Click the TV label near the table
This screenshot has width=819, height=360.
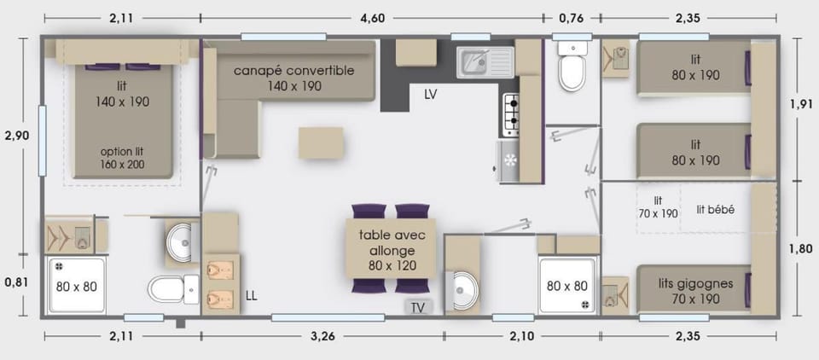click(x=418, y=308)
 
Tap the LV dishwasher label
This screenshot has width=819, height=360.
click(x=430, y=95)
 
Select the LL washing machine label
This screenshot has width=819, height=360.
click(x=251, y=296)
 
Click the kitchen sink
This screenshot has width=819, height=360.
click(x=485, y=62)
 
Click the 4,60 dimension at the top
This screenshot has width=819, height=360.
click(x=373, y=18)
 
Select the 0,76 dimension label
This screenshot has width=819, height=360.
click(x=571, y=18)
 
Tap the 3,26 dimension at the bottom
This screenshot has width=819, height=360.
click(x=323, y=336)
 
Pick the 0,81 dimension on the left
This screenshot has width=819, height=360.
click(x=16, y=282)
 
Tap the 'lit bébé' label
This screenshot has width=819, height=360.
click(x=716, y=210)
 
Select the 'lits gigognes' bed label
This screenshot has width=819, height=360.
click(x=696, y=284)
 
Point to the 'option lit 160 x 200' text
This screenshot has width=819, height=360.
click(x=122, y=158)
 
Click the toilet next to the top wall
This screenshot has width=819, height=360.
click(x=573, y=67)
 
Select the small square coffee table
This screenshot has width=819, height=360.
click(x=321, y=142)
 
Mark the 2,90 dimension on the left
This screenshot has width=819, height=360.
click(x=16, y=136)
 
